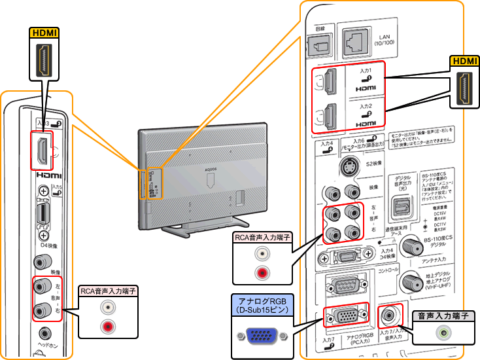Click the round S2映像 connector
tap(343, 167)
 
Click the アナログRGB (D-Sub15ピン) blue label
tap(260, 304)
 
